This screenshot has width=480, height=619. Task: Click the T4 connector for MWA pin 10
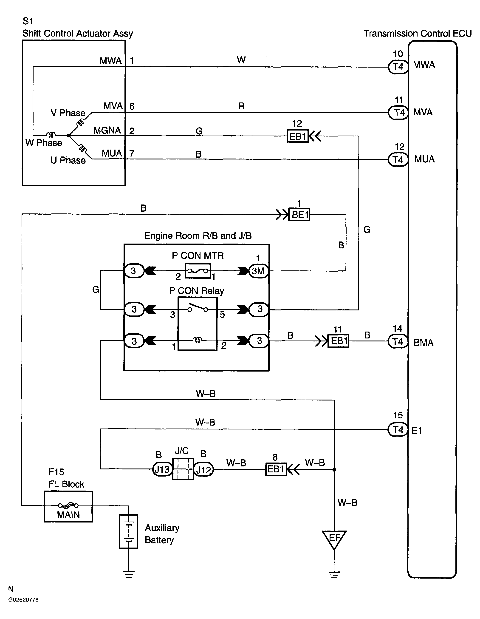click(398, 67)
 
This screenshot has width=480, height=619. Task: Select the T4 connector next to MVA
click(398, 113)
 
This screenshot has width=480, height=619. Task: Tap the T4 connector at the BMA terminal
click(398, 341)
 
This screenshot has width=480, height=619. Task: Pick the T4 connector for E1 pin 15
click(398, 430)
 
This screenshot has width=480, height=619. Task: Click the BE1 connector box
click(299, 215)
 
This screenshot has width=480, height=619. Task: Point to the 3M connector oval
click(258, 271)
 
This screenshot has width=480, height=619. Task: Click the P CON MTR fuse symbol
click(198, 271)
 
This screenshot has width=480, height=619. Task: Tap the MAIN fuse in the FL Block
click(68, 505)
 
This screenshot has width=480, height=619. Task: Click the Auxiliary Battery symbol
click(129, 531)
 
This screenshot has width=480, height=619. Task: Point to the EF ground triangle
click(334, 539)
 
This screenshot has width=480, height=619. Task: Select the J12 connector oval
click(203, 470)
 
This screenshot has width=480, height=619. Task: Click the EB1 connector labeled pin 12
click(297, 136)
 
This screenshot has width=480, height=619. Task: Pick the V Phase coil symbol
click(81, 123)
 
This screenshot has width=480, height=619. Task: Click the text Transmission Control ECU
click(417, 34)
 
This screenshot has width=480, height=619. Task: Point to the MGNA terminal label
click(107, 130)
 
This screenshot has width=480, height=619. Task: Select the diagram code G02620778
click(23, 600)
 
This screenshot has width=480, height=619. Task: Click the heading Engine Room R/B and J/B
click(198, 236)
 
